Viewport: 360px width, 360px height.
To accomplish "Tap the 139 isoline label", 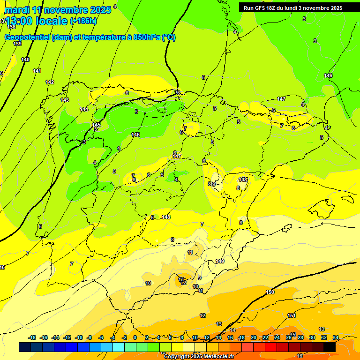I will (17, 44).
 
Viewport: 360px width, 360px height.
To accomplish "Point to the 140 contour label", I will (25, 60).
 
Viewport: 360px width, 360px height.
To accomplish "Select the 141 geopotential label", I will (37, 71).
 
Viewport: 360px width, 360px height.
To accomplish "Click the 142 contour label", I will (50, 82).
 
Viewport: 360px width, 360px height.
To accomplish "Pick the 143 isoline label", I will (65, 100).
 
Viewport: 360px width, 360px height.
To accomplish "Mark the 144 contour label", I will (84, 109).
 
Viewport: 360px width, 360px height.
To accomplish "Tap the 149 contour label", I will (220, 261).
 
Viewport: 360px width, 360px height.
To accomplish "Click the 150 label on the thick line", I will (270, 292).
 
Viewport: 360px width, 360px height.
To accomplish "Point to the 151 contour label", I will (292, 315).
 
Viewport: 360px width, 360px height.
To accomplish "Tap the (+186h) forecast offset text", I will (83, 21).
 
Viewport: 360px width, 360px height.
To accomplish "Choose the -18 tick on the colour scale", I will (32, 337).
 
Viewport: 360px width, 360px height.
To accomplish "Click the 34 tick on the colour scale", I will (336, 337).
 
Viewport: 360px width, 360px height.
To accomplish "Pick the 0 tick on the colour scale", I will (135, 337).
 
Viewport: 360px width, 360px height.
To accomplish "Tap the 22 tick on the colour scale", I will (265, 337).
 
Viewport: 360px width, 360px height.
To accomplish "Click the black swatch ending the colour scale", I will (330, 347).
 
